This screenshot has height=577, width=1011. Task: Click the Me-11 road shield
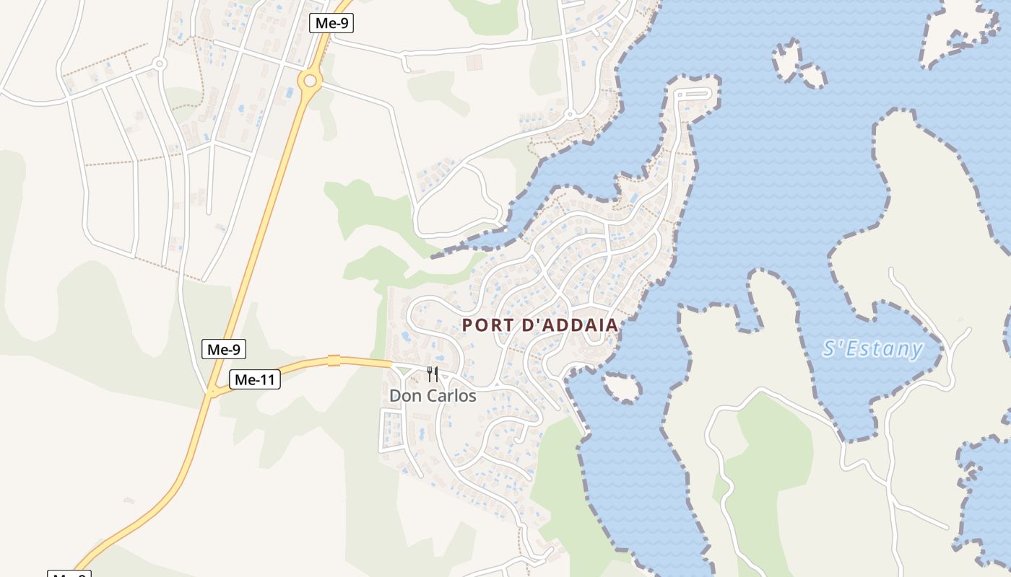click(255, 380)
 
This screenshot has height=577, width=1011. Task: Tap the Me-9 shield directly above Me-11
click(224, 350)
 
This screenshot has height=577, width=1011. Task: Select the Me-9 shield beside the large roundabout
click(332, 23)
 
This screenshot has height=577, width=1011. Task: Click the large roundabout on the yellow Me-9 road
click(310, 80)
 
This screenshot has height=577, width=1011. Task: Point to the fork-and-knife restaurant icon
click(433, 374)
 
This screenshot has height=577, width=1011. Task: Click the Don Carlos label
click(433, 396)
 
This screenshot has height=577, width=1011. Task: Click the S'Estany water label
click(872, 349)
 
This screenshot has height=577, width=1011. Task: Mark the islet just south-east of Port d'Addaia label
click(622, 388)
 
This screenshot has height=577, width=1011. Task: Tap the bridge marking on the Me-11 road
click(334, 361)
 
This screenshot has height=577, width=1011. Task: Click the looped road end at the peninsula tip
click(693, 93)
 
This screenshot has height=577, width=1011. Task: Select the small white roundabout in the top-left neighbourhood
click(160, 63)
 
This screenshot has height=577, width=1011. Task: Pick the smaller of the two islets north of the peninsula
click(812, 75)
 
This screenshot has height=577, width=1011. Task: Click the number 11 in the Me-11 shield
click(266, 380)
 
